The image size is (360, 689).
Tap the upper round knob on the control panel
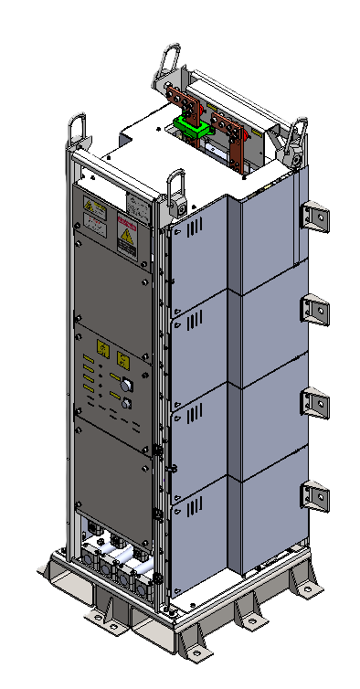click(127, 384)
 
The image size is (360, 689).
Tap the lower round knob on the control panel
click(127, 404)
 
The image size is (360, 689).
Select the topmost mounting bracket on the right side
click(315, 217)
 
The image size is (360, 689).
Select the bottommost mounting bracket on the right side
click(315, 496)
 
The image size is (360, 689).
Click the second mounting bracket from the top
click(315, 309)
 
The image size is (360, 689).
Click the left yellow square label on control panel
click(101, 348)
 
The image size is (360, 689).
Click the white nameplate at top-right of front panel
click(136, 205)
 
